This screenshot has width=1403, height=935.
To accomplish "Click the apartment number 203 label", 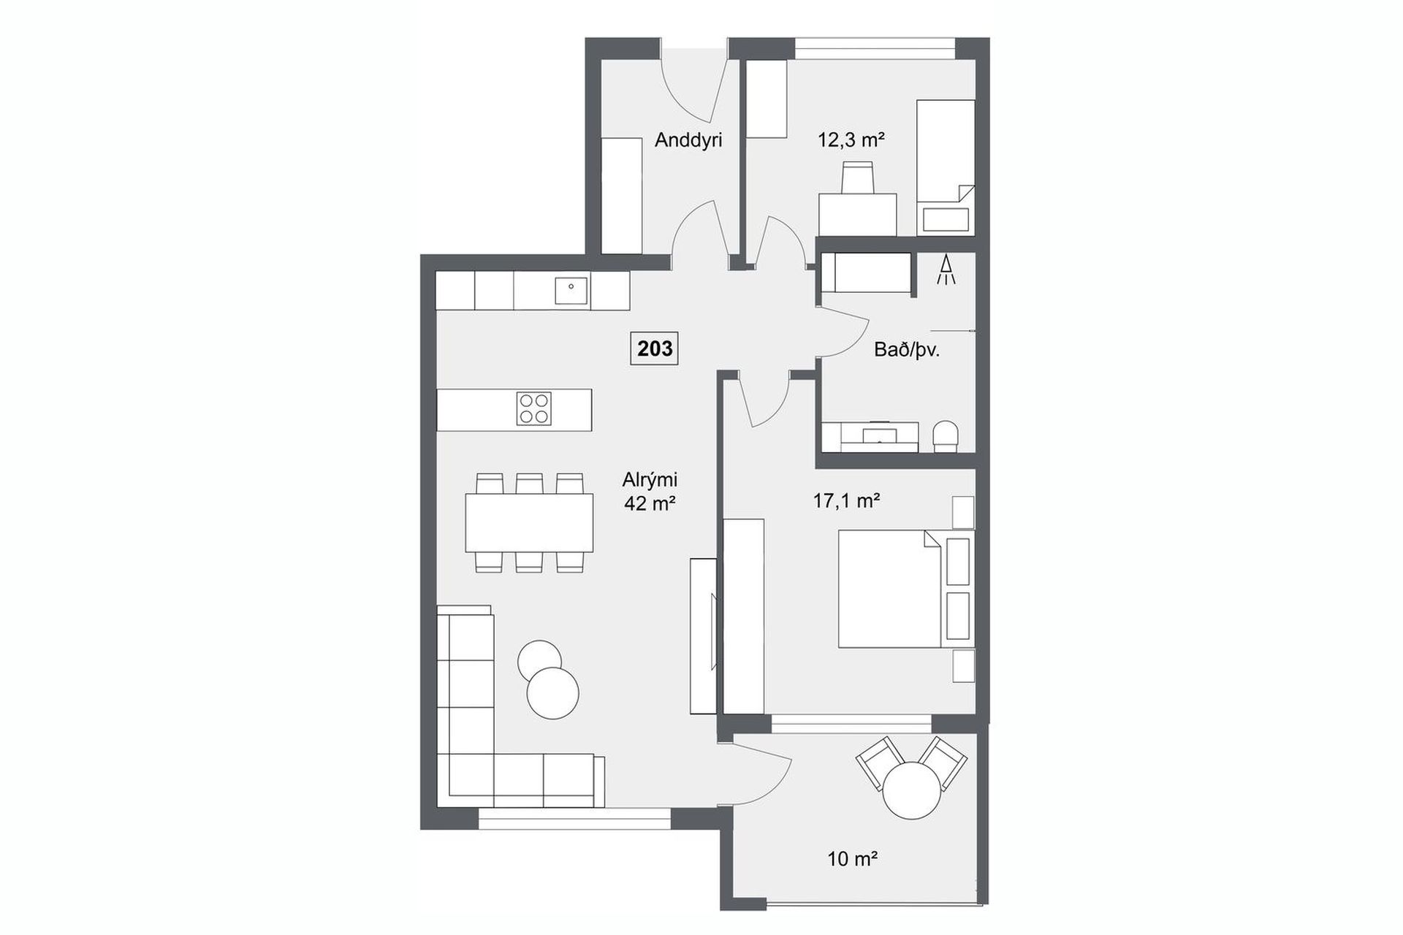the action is click(x=655, y=348).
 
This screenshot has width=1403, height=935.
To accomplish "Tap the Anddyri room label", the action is click(x=688, y=140).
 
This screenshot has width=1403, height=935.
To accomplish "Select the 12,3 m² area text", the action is click(x=851, y=140).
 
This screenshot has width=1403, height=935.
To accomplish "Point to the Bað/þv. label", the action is click(x=907, y=350).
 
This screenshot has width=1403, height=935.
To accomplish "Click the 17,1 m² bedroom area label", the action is click(x=846, y=500).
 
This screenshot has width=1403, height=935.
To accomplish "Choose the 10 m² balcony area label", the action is click(x=852, y=859).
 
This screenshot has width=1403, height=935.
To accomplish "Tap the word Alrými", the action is click(x=650, y=481).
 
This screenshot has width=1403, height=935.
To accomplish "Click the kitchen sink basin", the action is click(x=571, y=291).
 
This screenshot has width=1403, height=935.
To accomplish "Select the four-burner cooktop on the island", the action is click(x=534, y=409).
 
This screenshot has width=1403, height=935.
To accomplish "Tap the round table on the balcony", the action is click(x=911, y=791).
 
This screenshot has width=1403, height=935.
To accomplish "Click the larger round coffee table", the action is click(x=553, y=694).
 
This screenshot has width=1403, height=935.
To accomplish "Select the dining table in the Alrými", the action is click(x=529, y=522).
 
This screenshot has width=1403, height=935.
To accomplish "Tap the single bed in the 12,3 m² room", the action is click(x=946, y=167).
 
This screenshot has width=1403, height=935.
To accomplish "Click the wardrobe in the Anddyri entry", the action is click(x=621, y=196).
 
